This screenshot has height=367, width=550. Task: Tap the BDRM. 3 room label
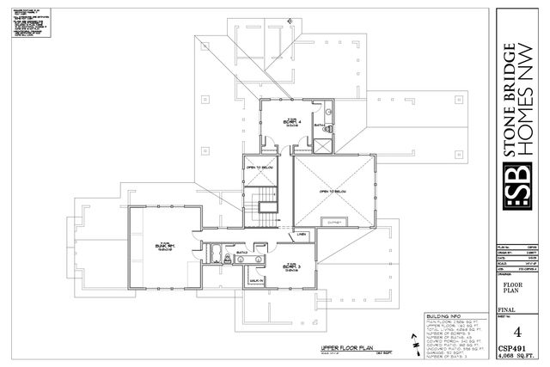[x=290, y=266]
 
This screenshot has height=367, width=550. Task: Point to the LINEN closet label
[x=302, y=234]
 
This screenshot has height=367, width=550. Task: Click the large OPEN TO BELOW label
[x=333, y=191]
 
